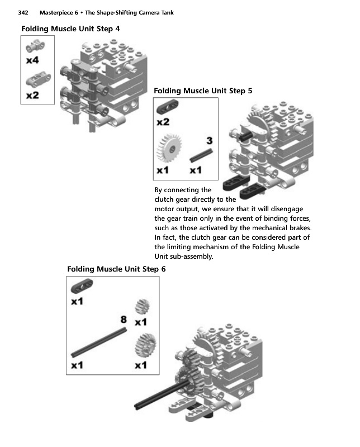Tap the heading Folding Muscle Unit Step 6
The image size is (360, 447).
pos(116,269)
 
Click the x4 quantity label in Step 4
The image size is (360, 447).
pos(33,60)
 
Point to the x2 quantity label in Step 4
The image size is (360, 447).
pos(33,95)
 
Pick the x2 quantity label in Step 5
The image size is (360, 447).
pos(163,121)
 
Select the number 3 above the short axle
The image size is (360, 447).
pos(209,140)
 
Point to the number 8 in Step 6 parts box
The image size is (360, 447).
pos(124,319)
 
